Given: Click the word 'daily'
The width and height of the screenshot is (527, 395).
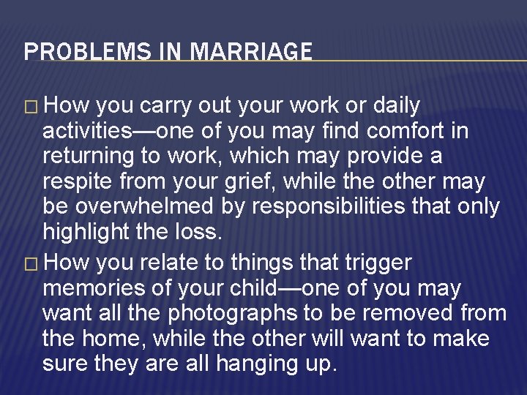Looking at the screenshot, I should point(396,106).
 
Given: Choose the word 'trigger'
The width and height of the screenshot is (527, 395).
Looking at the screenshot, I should point(377,262).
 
